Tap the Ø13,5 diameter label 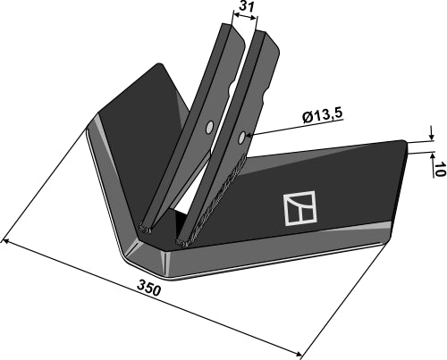click(x=324, y=116)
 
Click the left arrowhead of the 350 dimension click(x=8, y=241)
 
